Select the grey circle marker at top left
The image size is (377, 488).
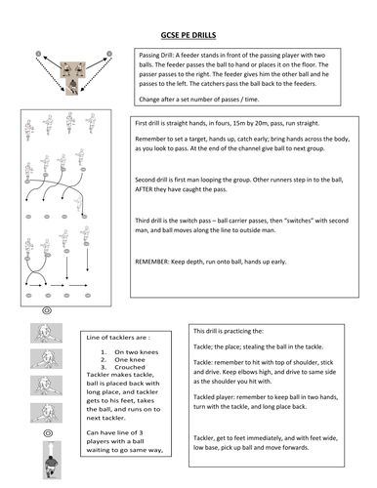click(x=37, y=51)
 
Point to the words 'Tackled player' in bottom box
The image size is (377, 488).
click(x=222, y=397)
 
